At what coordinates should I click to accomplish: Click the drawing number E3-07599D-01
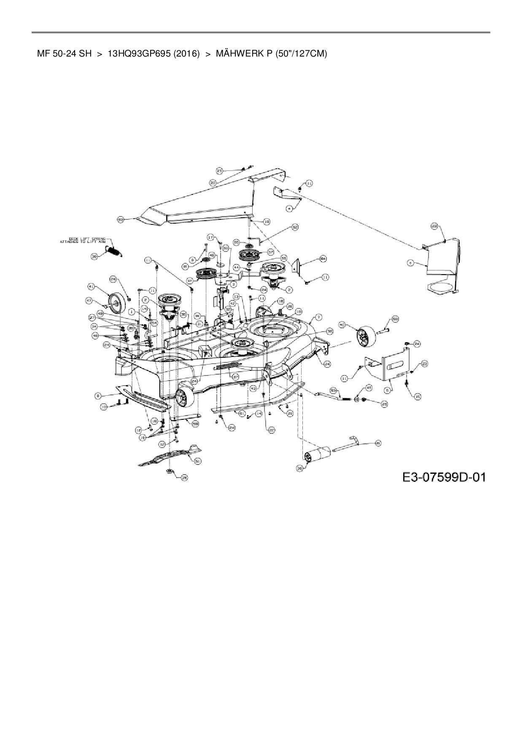tap(444, 477)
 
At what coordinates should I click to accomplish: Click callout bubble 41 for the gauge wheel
tap(90, 287)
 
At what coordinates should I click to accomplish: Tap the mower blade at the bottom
tap(169, 457)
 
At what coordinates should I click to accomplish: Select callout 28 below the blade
tap(184, 478)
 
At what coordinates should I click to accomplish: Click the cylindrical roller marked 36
tap(317, 457)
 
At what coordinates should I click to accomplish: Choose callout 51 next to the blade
tap(197, 461)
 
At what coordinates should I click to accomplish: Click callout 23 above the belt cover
tap(219, 171)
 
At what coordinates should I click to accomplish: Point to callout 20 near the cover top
tap(213, 182)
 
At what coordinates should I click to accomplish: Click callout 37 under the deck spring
tap(236, 377)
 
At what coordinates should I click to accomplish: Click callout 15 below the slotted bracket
tap(418, 396)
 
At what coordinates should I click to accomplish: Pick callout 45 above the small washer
tap(368, 387)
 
